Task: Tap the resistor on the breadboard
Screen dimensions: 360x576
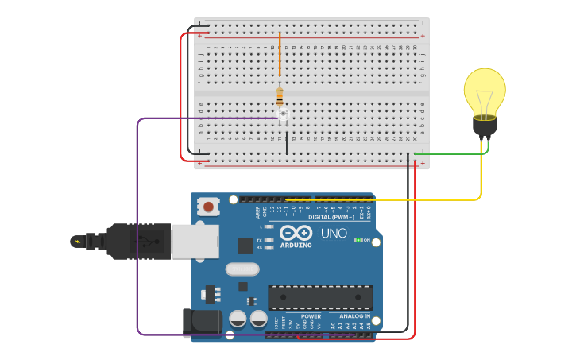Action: [x=280, y=97]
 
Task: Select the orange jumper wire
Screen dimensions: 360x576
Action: [x=280, y=56]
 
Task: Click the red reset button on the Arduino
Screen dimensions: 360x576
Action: [x=208, y=207]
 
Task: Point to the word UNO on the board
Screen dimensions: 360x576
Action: [x=334, y=234]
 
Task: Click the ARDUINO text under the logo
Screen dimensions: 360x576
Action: [x=296, y=245]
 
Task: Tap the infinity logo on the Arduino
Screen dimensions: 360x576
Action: [x=296, y=233]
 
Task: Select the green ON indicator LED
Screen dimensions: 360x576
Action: [x=358, y=240]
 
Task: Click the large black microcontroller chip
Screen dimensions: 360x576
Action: [x=320, y=297]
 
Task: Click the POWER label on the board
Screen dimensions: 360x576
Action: [x=311, y=315]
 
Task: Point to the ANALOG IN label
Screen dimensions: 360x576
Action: [x=350, y=315]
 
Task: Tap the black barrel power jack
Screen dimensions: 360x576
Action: [x=201, y=321]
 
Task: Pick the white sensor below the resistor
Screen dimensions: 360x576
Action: [x=283, y=116]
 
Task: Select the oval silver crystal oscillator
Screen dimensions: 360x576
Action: [x=242, y=269]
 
